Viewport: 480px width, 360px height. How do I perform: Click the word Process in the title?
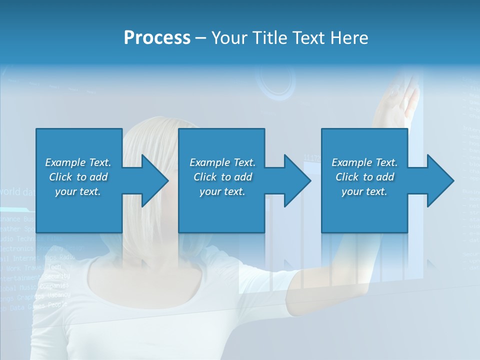pyautogui.click(x=157, y=38)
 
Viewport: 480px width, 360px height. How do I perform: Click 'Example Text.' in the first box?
pyautogui.click(x=78, y=162)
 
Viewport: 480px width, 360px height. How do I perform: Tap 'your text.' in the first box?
pyautogui.click(x=78, y=191)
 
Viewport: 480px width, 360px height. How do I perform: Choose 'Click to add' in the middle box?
pyautogui.click(x=222, y=177)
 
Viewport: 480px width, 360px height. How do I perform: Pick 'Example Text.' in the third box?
pyautogui.click(x=364, y=162)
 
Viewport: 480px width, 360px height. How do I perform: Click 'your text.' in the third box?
pyautogui.click(x=364, y=191)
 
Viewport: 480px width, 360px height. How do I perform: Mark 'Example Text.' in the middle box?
pyautogui.click(x=222, y=162)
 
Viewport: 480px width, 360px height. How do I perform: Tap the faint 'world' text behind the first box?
pyautogui.click(x=11, y=191)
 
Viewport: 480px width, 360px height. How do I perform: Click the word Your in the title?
pyautogui.click(x=228, y=38)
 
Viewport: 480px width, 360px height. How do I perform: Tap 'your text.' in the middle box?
pyautogui.click(x=222, y=191)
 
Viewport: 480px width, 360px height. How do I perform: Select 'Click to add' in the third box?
pyautogui.click(x=364, y=177)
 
